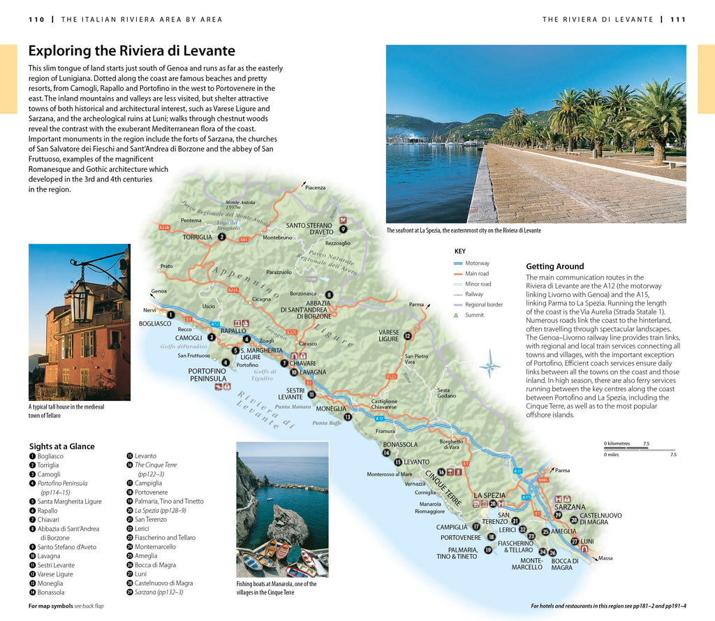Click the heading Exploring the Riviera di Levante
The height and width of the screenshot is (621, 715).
(131, 51)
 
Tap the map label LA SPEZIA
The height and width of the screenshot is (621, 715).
(489, 495)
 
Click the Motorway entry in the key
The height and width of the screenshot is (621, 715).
(477, 263)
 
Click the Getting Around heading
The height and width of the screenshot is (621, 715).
(554, 266)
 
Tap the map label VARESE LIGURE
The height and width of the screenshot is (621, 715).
(389, 335)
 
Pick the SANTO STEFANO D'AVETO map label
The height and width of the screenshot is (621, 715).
(311, 229)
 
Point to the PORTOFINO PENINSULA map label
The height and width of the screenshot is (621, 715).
(208, 375)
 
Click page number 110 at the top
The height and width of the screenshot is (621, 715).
(36, 20)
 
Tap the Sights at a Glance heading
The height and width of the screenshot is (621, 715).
(61, 446)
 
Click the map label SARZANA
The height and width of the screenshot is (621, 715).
(570, 507)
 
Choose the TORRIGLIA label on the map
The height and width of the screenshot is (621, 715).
(197, 237)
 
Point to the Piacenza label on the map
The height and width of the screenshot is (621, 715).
(315, 188)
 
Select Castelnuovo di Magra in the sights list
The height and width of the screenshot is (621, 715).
(163, 583)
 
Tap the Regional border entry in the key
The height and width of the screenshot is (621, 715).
(484, 305)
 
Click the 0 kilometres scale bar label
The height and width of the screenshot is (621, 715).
(617, 443)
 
